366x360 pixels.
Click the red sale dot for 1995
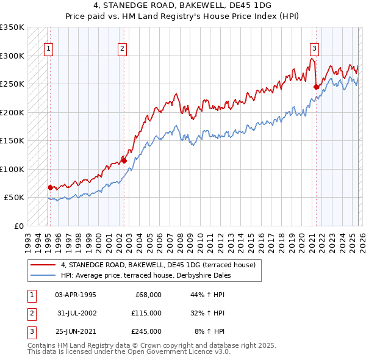tap(50, 187)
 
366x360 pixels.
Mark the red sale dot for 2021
tap(316, 87)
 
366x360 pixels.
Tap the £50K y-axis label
tap(14, 198)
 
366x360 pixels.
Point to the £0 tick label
tap(18, 226)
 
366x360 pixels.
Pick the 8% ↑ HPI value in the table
tap(209, 331)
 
